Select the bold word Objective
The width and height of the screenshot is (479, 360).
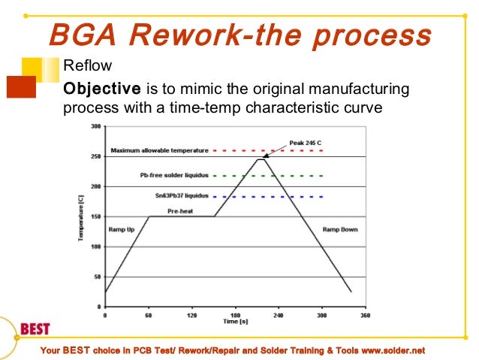[95, 89]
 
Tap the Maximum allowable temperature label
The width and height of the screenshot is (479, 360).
[160, 151]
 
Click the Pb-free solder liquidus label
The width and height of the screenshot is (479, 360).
[173, 175]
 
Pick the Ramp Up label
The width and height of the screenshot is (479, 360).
[122, 228]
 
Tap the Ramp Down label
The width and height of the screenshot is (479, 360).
[340, 228]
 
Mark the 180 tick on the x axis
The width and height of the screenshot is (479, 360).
[235, 316]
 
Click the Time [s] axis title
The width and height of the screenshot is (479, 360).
[235, 322]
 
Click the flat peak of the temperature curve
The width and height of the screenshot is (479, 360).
[261, 159]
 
